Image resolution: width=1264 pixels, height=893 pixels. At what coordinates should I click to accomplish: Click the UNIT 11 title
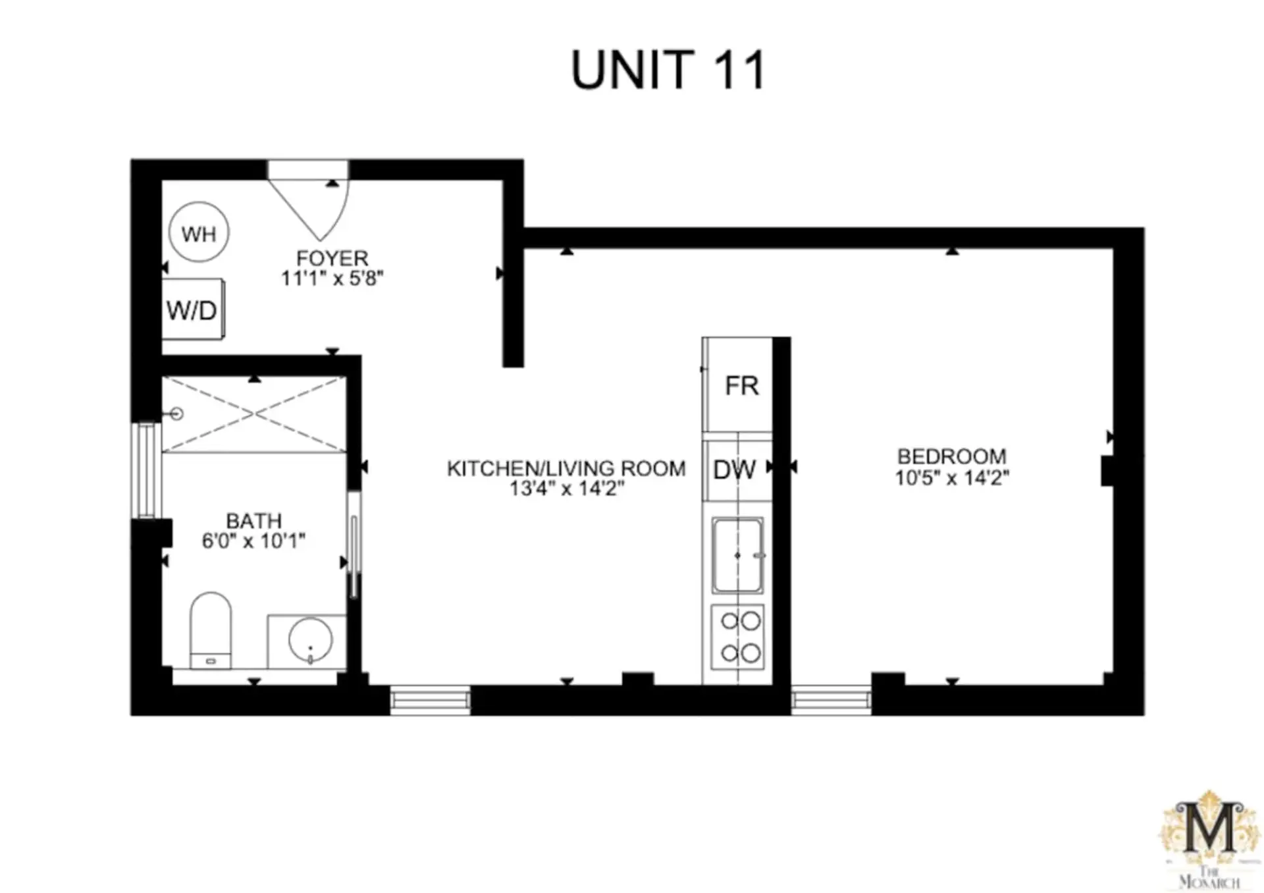[x=668, y=70]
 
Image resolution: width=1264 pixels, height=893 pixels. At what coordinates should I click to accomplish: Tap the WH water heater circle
[x=199, y=232]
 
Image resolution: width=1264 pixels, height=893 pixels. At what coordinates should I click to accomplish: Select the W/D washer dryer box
[x=193, y=310]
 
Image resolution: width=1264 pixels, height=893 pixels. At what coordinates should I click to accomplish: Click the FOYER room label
[x=332, y=258]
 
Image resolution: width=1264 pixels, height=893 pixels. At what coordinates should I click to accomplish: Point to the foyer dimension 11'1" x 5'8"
[x=332, y=279]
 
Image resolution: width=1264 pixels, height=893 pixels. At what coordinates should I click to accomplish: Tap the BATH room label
[x=253, y=521]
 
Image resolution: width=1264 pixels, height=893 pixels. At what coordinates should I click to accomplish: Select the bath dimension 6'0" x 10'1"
[x=253, y=541]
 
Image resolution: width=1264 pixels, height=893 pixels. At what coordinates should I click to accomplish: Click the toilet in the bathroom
[x=211, y=630]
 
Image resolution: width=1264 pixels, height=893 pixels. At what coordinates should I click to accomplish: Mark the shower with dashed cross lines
[x=254, y=414]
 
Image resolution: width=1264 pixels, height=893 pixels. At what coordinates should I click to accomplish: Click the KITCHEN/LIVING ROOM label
[x=566, y=468]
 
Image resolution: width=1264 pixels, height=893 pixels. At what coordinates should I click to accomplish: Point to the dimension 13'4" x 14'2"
[x=566, y=489]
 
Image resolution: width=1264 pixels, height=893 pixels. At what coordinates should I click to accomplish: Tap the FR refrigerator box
[x=737, y=385]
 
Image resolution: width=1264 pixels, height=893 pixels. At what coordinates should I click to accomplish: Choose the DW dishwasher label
[x=734, y=470]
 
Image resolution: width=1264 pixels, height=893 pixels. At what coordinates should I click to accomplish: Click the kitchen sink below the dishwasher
[x=737, y=555]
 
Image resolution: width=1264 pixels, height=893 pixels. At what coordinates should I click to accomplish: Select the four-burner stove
[x=737, y=637]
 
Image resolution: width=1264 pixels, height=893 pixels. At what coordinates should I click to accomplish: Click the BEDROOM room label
[x=952, y=456]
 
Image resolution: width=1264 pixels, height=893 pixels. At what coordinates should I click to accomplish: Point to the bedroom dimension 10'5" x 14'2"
[x=952, y=477]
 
